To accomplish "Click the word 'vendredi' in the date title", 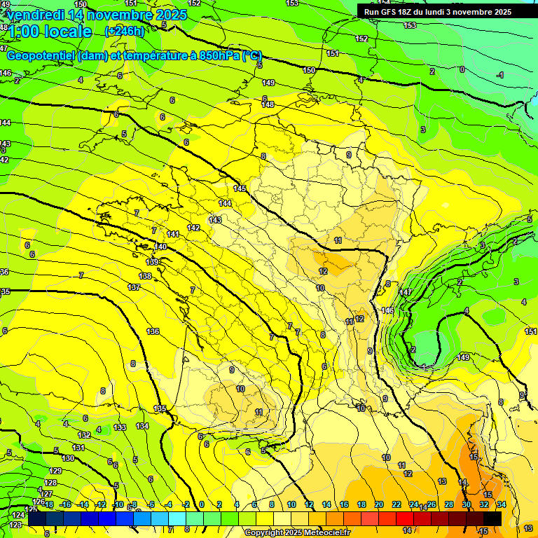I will (35, 15).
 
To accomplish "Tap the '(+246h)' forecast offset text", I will (124, 31).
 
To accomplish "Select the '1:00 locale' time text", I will (50, 32).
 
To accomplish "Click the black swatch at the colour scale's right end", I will (492, 518).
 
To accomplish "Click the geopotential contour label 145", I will (240, 188).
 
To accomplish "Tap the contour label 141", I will (174, 234).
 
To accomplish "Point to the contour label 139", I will (153, 261).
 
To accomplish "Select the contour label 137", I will (134, 288).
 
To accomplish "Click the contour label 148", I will (268, 104).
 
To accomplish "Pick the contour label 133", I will (120, 427).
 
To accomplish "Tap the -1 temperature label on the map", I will (499, 75).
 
